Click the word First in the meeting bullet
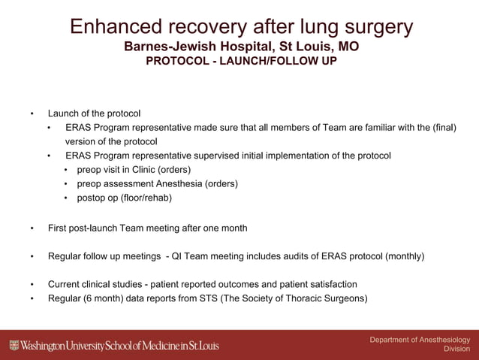(59, 228)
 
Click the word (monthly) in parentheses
(405, 256)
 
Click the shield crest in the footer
(14, 346)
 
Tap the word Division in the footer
(457, 349)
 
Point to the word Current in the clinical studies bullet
(65, 284)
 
